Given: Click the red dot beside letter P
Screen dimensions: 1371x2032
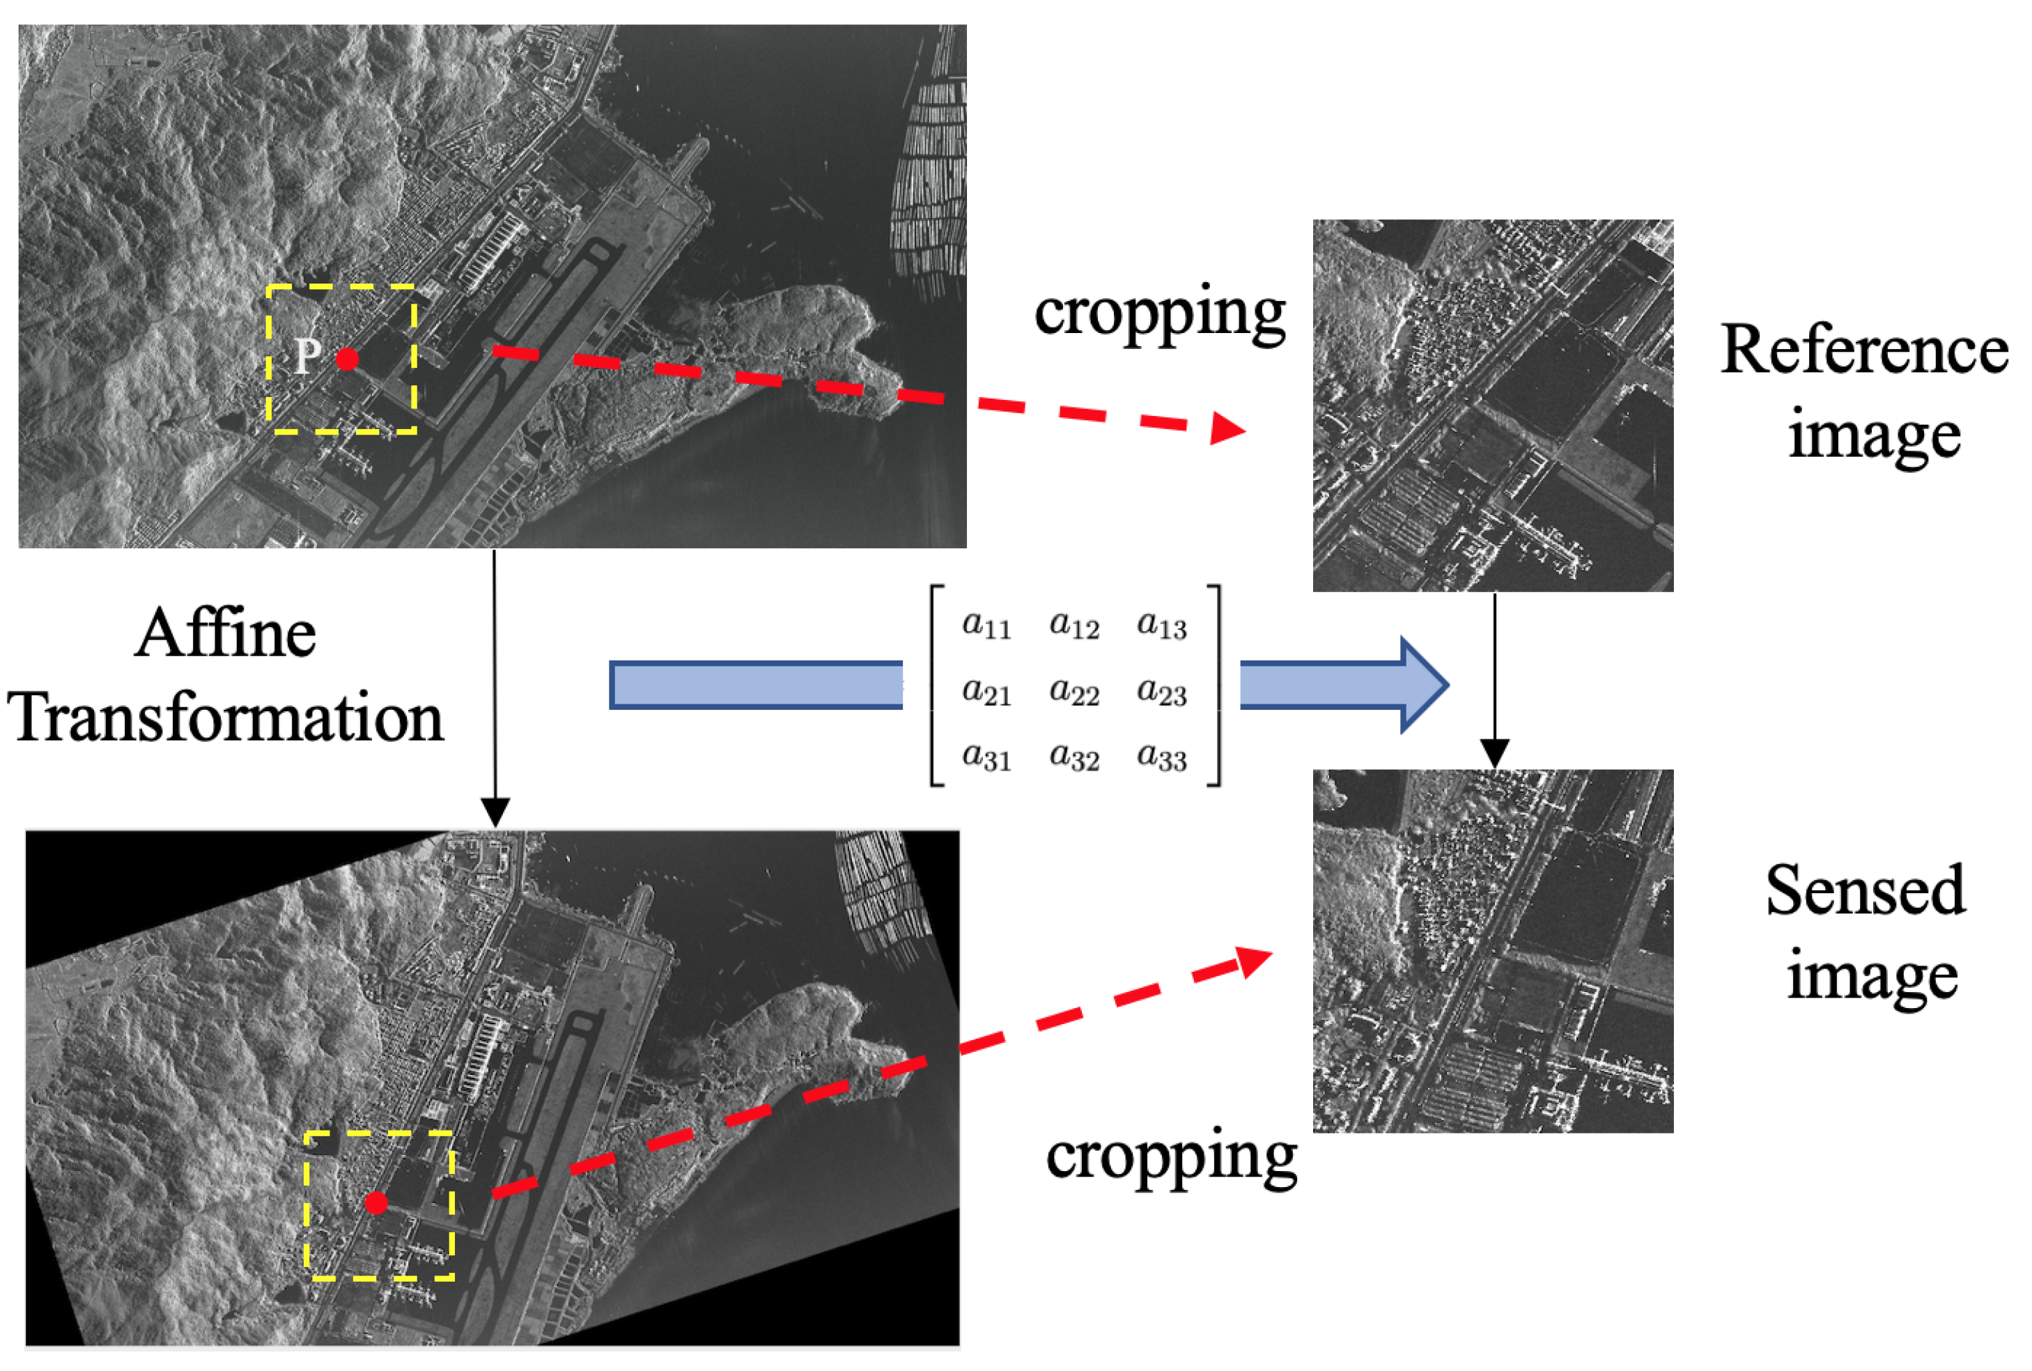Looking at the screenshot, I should (347, 359).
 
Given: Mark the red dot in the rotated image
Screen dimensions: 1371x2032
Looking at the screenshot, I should (376, 1203).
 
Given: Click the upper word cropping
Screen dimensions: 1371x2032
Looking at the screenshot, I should (1159, 313).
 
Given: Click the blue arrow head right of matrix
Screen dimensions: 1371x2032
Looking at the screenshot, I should (1423, 685).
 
